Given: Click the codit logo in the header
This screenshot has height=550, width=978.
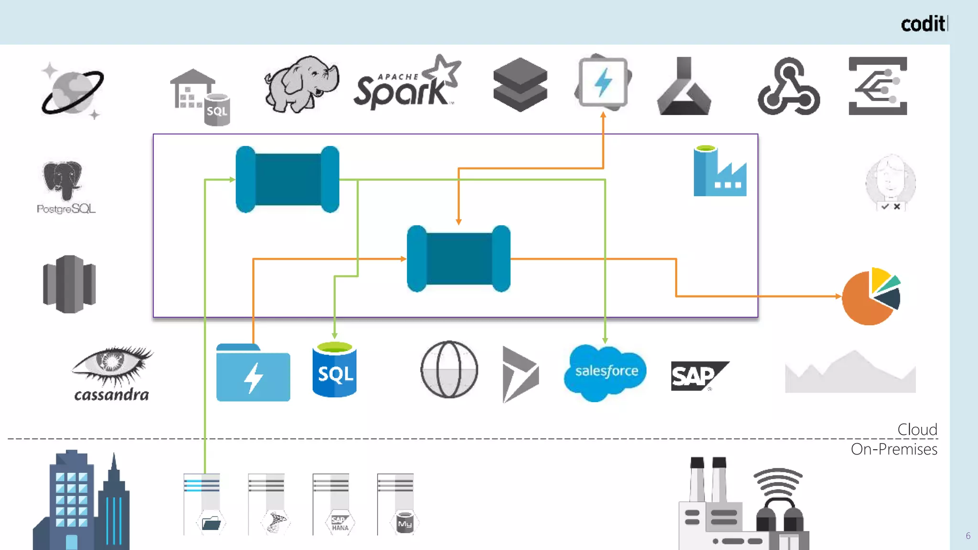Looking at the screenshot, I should point(924,24).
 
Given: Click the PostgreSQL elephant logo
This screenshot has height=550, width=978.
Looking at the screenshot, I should point(64,186).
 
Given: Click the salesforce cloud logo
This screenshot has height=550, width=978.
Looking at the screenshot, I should point(606,371).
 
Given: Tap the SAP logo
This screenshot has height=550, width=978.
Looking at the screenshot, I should point(698,376).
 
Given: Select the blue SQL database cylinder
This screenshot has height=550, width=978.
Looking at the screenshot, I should point(334,370).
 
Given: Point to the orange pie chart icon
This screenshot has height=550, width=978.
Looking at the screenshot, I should point(870,297).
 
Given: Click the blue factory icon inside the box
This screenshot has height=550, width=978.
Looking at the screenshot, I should point(719,172).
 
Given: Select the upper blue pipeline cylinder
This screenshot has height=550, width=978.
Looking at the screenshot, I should point(287,180).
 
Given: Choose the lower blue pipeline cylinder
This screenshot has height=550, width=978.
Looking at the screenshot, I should point(458,259).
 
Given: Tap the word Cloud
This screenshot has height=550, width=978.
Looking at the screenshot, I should point(917,429).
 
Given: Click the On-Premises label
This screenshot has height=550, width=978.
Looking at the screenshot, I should point(894,449).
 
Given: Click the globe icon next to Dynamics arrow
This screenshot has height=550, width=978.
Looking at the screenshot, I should point(449,370).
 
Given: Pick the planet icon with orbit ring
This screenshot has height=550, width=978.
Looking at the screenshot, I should point(73,91).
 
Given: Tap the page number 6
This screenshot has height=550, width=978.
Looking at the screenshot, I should point(967,536).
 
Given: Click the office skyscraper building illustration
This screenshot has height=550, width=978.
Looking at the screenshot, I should point(81,501).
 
